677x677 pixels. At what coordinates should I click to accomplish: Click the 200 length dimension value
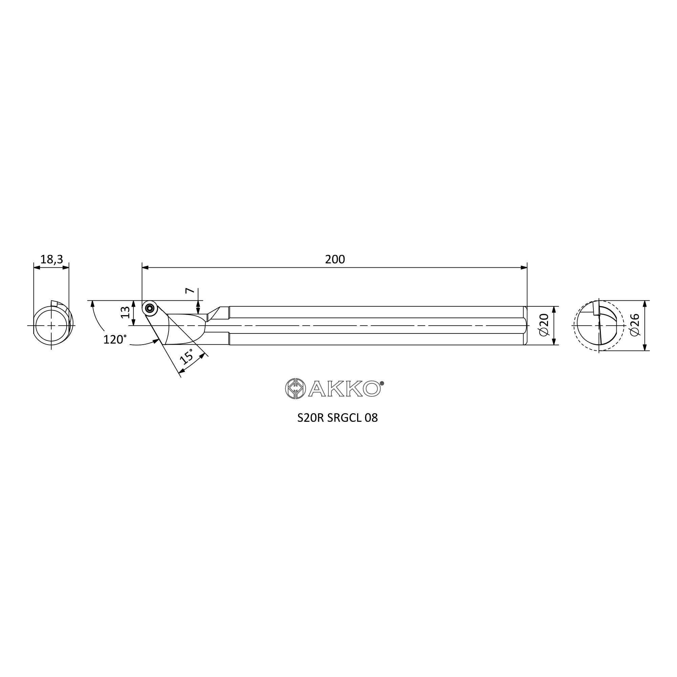pos(335,260)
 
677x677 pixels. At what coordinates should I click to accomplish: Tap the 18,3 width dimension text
pos(51,260)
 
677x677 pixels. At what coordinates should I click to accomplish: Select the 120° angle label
pos(115,339)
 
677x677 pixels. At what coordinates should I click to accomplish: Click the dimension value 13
pos(125,312)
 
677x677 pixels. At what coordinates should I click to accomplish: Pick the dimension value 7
pos(189,290)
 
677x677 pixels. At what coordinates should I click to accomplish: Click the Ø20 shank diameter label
pos(544,325)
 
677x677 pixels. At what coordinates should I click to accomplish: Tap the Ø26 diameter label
pos(635,325)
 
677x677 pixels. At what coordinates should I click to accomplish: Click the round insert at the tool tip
pos(150,308)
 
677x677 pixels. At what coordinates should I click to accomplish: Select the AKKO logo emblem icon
pos(295,389)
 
